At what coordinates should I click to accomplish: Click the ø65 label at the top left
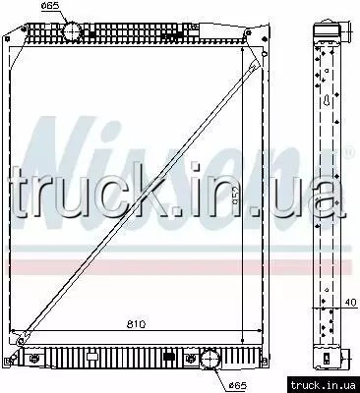click(x=50, y=6)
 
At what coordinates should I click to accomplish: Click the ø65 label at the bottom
click(x=238, y=385)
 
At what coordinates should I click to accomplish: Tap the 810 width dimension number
click(x=136, y=324)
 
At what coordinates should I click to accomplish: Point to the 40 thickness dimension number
click(x=350, y=302)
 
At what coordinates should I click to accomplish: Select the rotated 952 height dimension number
click(x=236, y=196)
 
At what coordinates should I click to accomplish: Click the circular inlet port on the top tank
click(x=72, y=31)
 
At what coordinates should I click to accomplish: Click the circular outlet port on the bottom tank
click(x=210, y=359)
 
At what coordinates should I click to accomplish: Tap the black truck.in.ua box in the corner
click(x=324, y=385)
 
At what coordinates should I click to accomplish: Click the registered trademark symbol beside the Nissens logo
click(x=350, y=152)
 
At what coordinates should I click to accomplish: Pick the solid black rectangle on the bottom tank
click(x=168, y=357)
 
